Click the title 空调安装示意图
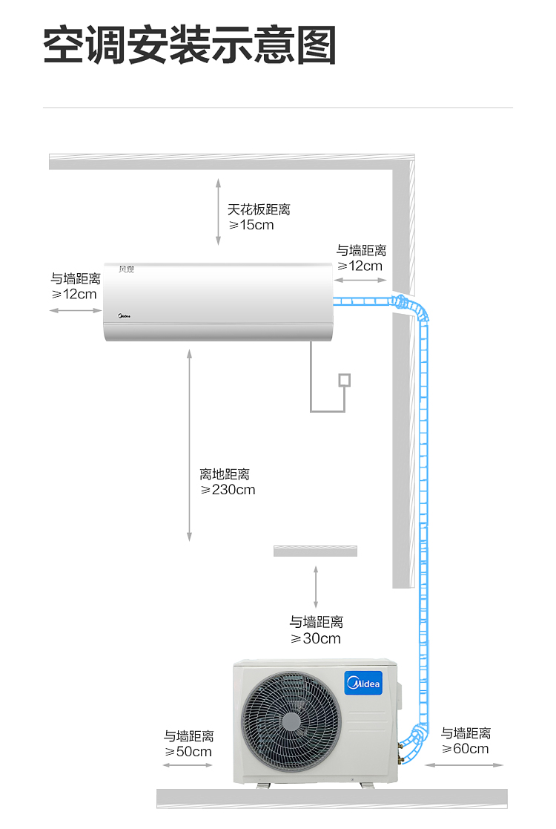coord(190,45)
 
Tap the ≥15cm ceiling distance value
coord(251,225)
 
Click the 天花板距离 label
coord(259,209)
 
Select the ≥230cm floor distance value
coord(228,490)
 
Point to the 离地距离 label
coord(225,474)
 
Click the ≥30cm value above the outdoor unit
coord(316,639)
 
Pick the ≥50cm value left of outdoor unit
coord(188,752)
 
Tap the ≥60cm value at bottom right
coord(465,749)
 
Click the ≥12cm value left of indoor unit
coord(74,295)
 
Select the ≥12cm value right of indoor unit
coord(360,266)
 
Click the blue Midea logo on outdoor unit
coord(363,683)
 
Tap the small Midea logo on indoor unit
coord(124,316)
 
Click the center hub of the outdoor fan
coord(291,721)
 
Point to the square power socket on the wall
coord(344,380)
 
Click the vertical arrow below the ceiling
coord(218,212)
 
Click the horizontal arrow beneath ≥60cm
coord(464,765)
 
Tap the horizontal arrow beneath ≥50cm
coord(188,765)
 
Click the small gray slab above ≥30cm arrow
coord(315,551)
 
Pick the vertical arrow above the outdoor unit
coord(316,587)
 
